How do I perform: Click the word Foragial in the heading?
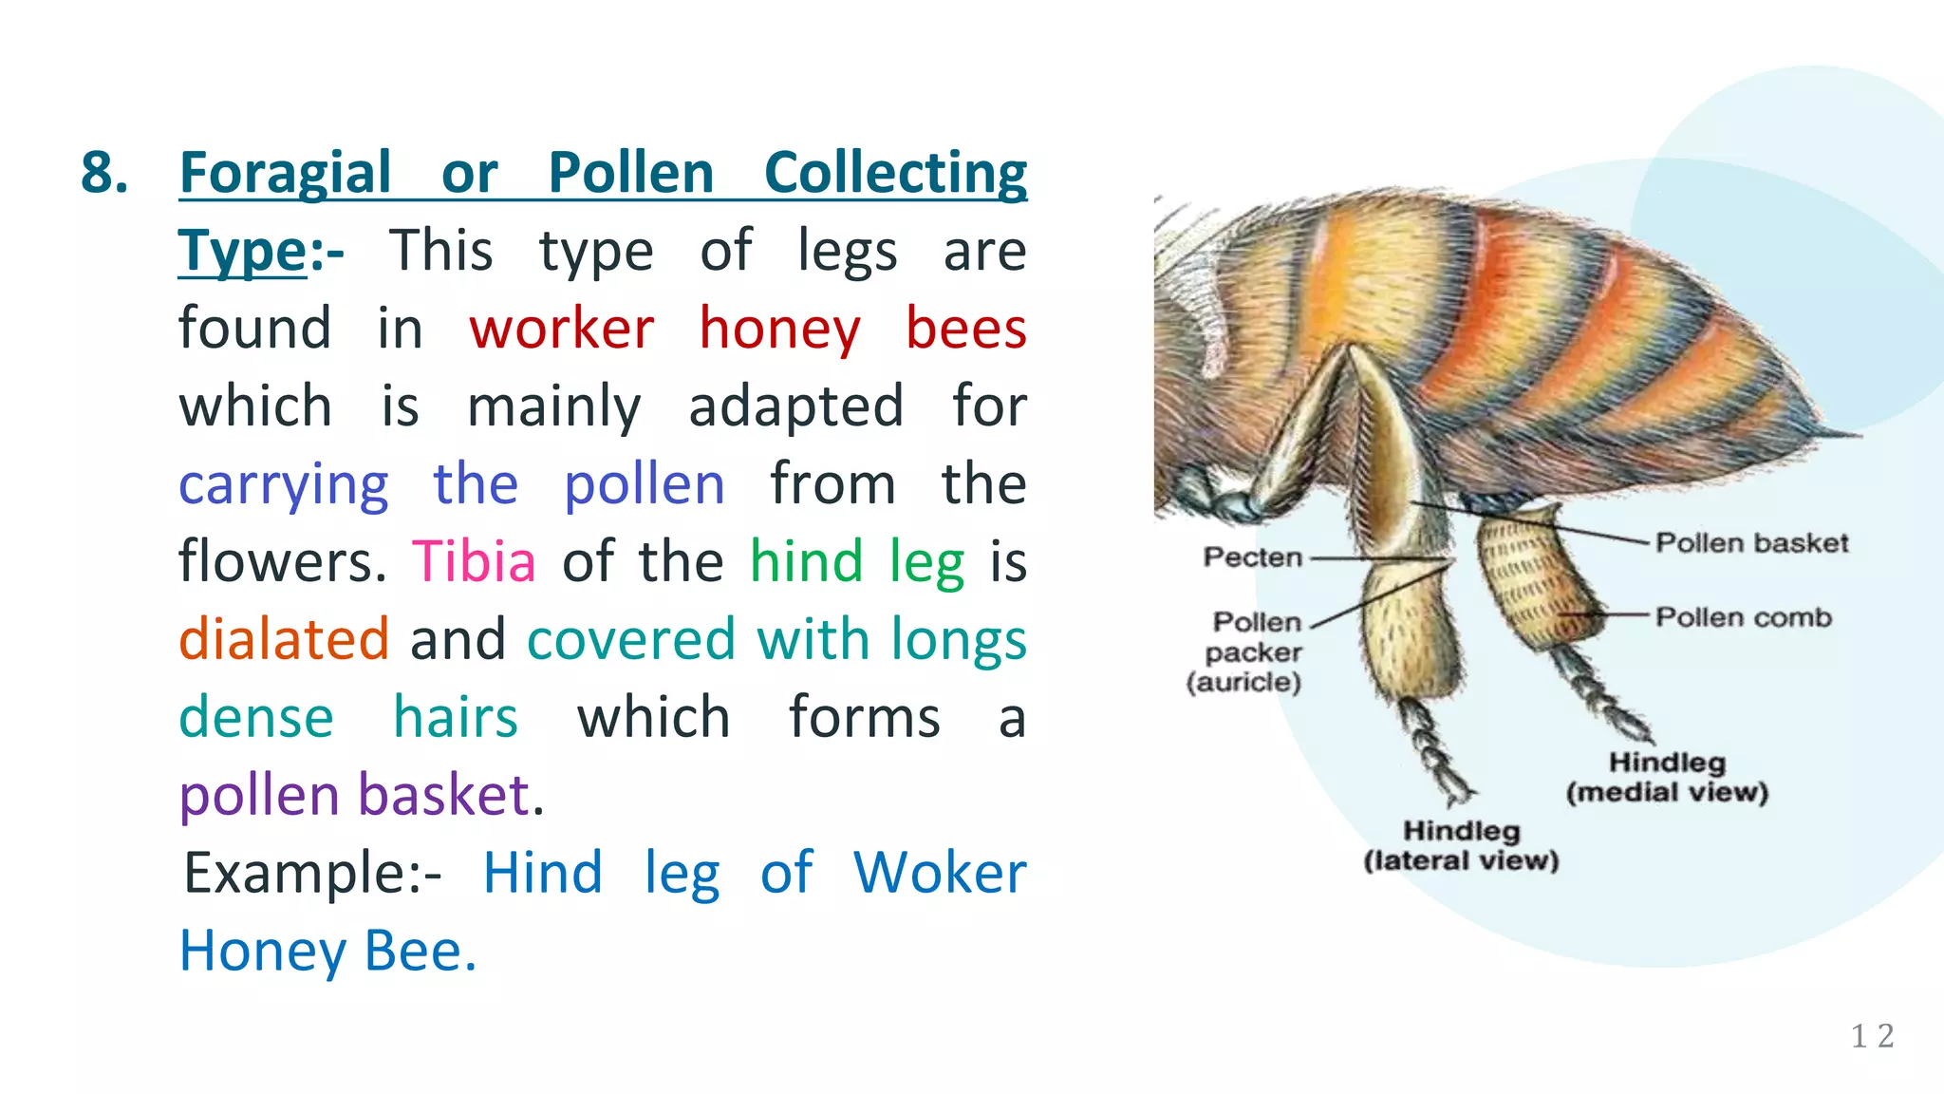click(x=285, y=174)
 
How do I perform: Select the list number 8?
click(x=104, y=174)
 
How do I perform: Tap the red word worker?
click(x=561, y=330)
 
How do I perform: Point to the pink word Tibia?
click(x=474, y=562)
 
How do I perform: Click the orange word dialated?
click(x=284, y=639)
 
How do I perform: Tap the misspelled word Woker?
click(x=940, y=873)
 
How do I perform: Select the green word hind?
click(x=806, y=562)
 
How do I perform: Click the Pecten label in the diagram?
click(x=1252, y=557)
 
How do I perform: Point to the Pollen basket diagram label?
click(x=1752, y=543)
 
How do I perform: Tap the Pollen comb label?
click(x=1744, y=618)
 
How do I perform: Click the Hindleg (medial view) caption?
click(x=1667, y=778)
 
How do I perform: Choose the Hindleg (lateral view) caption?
click(x=1461, y=846)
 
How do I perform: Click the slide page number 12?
click(x=1872, y=1036)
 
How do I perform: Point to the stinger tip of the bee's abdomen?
click(x=1856, y=436)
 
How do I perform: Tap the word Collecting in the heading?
click(x=895, y=174)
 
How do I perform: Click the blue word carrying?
click(x=284, y=484)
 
